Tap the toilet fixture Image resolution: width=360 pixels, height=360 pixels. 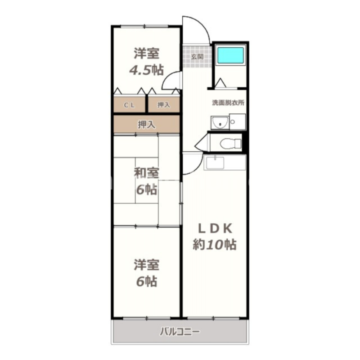(x=231, y=144)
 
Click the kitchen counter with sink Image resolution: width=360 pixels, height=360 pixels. (x=225, y=162)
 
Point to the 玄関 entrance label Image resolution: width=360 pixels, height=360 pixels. (x=197, y=57)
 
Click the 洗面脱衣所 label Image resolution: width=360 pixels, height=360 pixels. (x=228, y=103)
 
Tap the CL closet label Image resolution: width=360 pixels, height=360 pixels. (x=130, y=105)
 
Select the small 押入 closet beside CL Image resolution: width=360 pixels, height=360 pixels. (x=164, y=105)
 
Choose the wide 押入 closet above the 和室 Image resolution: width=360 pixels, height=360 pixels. (x=146, y=125)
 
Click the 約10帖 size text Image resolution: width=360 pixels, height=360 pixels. (x=215, y=245)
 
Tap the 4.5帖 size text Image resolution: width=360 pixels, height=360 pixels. (x=146, y=70)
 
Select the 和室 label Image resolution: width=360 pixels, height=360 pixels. (x=146, y=172)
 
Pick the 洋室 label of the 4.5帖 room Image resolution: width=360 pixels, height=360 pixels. (x=146, y=54)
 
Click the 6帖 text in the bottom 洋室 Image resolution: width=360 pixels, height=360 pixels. (x=146, y=282)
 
